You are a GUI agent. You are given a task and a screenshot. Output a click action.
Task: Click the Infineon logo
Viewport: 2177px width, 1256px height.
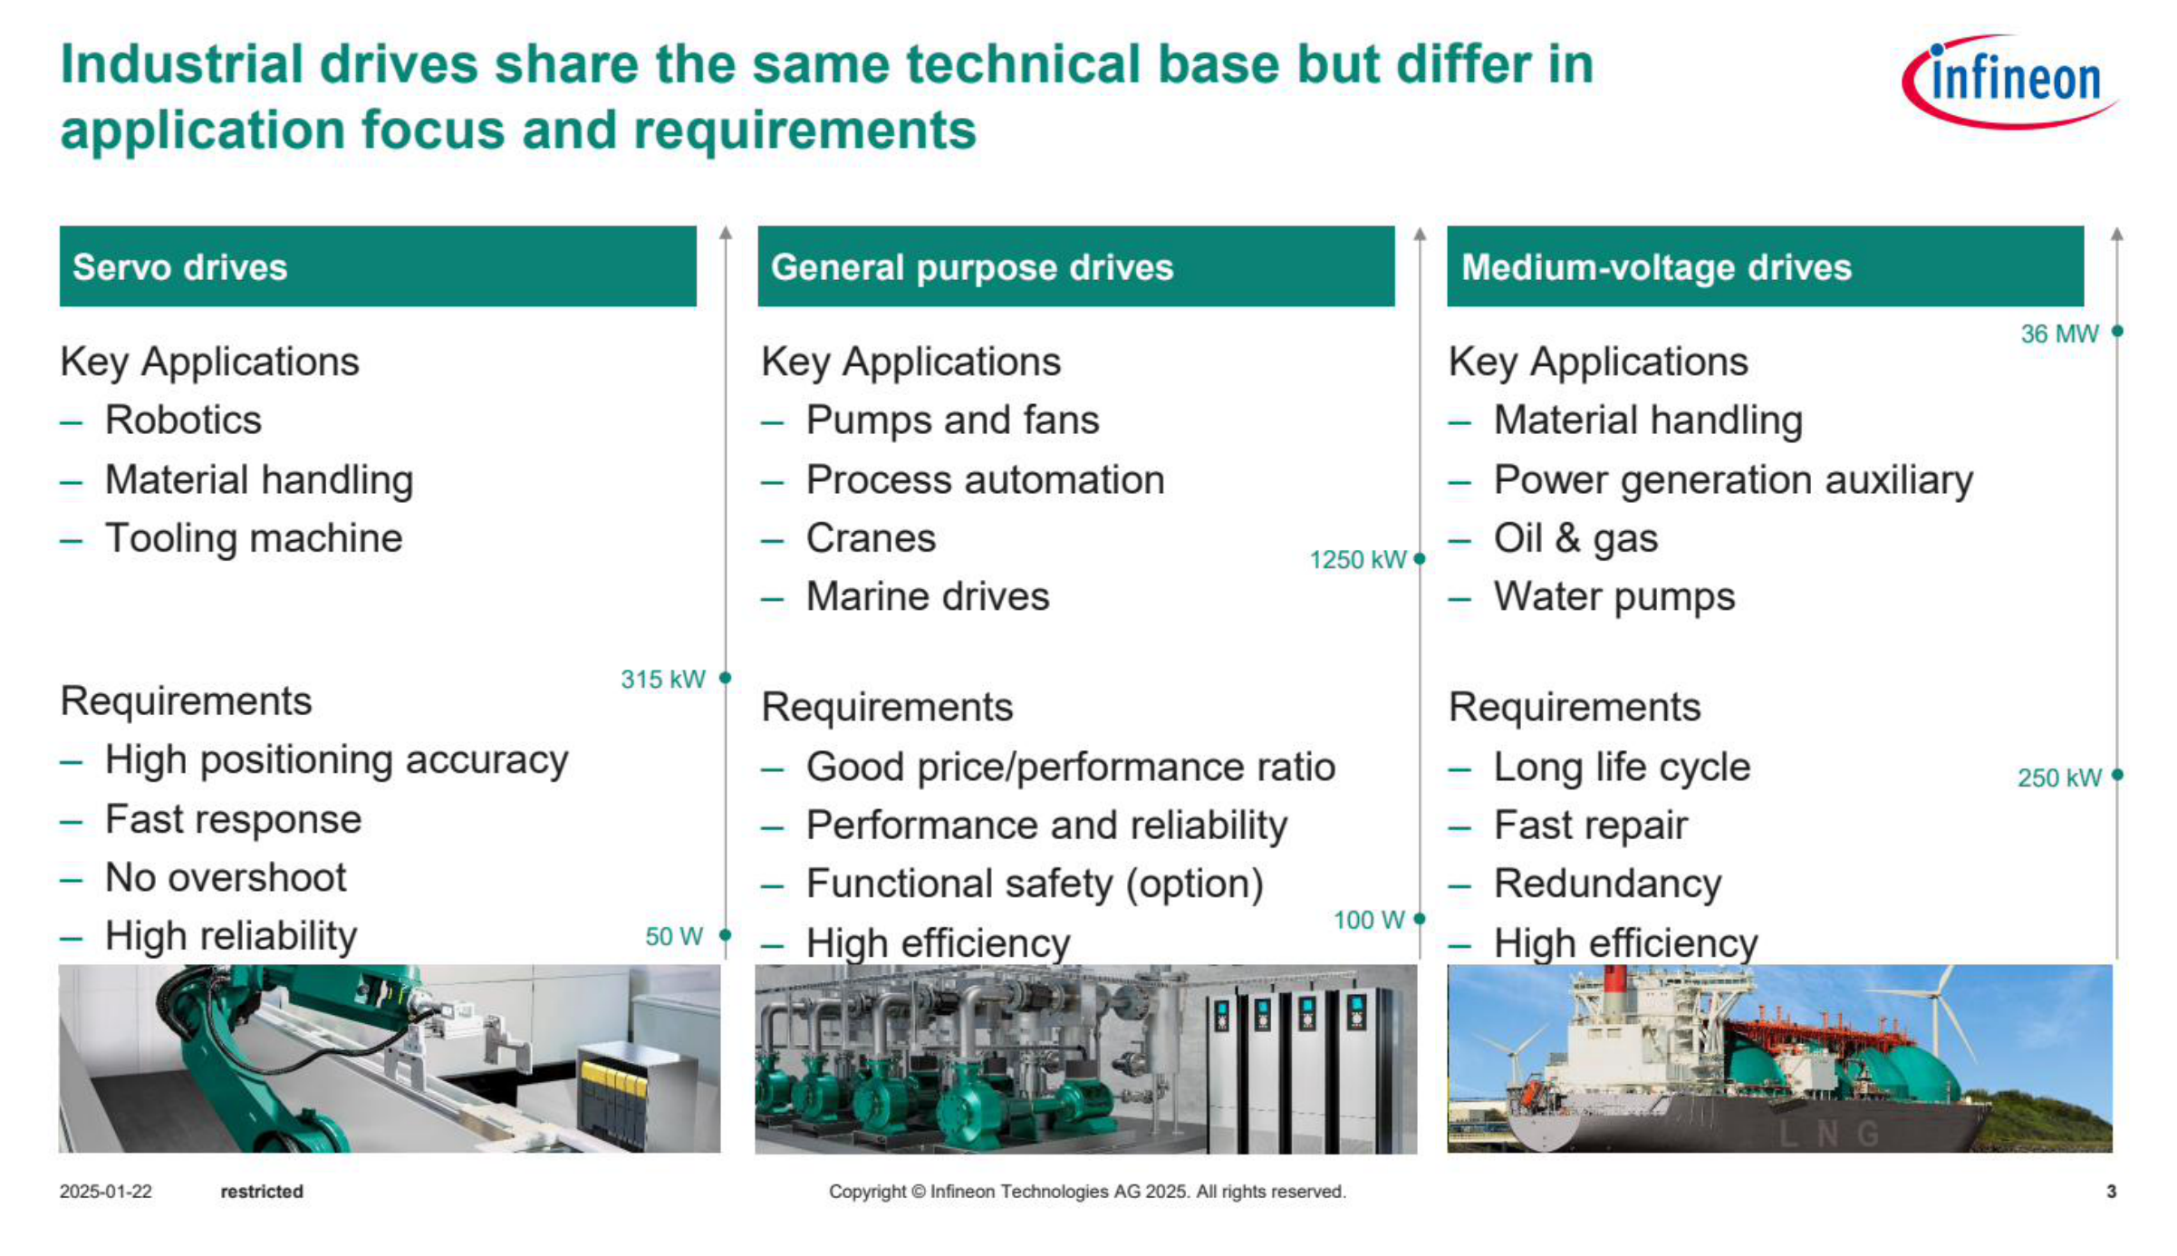coord(2009,81)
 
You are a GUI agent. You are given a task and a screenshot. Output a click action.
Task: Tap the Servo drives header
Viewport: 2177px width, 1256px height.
coord(378,266)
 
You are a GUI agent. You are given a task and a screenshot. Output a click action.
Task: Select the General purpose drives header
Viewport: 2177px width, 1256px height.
coord(1076,266)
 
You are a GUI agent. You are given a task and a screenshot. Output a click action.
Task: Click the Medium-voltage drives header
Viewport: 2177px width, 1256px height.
coord(1765,266)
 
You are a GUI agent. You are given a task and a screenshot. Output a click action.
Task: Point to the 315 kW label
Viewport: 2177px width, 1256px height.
coord(662,680)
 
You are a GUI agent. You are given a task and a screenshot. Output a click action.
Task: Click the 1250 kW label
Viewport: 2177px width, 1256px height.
coord(1358,560)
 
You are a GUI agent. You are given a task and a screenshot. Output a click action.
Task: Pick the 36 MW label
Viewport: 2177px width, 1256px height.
coord(2059,334)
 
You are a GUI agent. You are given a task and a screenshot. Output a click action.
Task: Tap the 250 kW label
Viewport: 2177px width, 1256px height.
coord(2059,778)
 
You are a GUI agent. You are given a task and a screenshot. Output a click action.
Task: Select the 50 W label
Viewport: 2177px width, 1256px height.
coord(674,937)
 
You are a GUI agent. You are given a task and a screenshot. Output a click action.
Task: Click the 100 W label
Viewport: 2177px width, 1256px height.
coord(1369,921)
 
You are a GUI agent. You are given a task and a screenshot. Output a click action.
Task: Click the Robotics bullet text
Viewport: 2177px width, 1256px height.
coord(183,420)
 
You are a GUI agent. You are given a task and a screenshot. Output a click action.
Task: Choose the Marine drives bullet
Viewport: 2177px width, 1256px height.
coord(928,597)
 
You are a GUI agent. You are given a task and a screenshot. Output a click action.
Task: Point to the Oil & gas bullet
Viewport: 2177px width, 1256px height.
coord(1575,539)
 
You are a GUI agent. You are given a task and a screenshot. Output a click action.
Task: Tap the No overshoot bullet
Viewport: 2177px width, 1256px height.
coord(226,878)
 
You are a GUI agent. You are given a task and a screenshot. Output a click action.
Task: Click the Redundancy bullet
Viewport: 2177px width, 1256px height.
coord(1607,884)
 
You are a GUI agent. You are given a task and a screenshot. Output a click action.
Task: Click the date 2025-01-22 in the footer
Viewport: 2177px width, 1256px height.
coord(106,1192)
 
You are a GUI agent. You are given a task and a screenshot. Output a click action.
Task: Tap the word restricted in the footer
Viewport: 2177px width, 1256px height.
coord(262,1192)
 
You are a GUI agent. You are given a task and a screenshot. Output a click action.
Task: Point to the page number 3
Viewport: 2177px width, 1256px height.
coord(2112,1192)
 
